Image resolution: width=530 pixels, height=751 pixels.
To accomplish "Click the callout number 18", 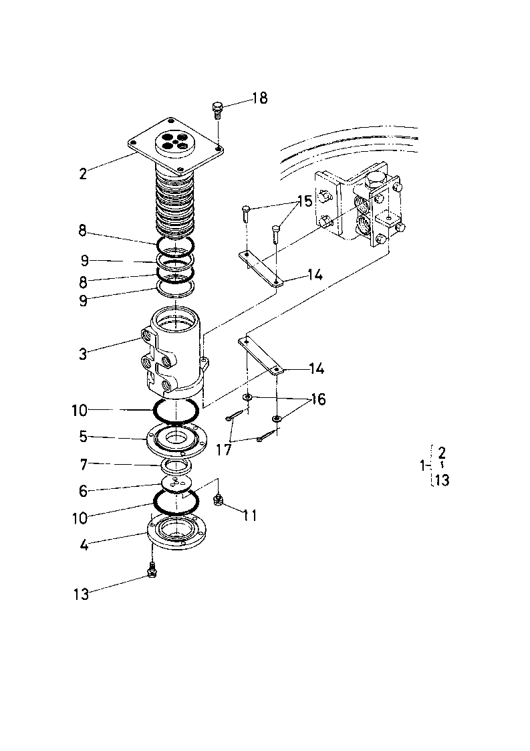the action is coord(260,98).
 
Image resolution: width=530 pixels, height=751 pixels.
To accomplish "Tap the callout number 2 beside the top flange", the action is coord(84,173).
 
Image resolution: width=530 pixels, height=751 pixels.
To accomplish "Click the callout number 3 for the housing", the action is coord(84,354).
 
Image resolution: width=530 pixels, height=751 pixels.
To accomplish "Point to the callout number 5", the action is coord(84,437).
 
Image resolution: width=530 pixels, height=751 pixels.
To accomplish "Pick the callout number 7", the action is coord(84,463).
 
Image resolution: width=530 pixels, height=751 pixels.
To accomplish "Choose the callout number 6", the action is coord(84,490).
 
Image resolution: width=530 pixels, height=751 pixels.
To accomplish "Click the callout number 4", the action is coord(84,544).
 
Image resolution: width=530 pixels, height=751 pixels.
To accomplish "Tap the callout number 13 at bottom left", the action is coord(82,595).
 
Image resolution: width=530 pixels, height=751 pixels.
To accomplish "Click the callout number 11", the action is coord(250,516).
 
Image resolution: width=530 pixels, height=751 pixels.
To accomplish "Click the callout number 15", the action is coord(304,201).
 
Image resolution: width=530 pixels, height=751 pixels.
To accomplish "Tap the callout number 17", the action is coord(224,450).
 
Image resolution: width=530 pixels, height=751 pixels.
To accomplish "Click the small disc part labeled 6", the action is coord(176,484).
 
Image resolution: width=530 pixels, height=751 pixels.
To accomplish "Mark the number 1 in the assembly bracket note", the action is coord(422,465).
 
